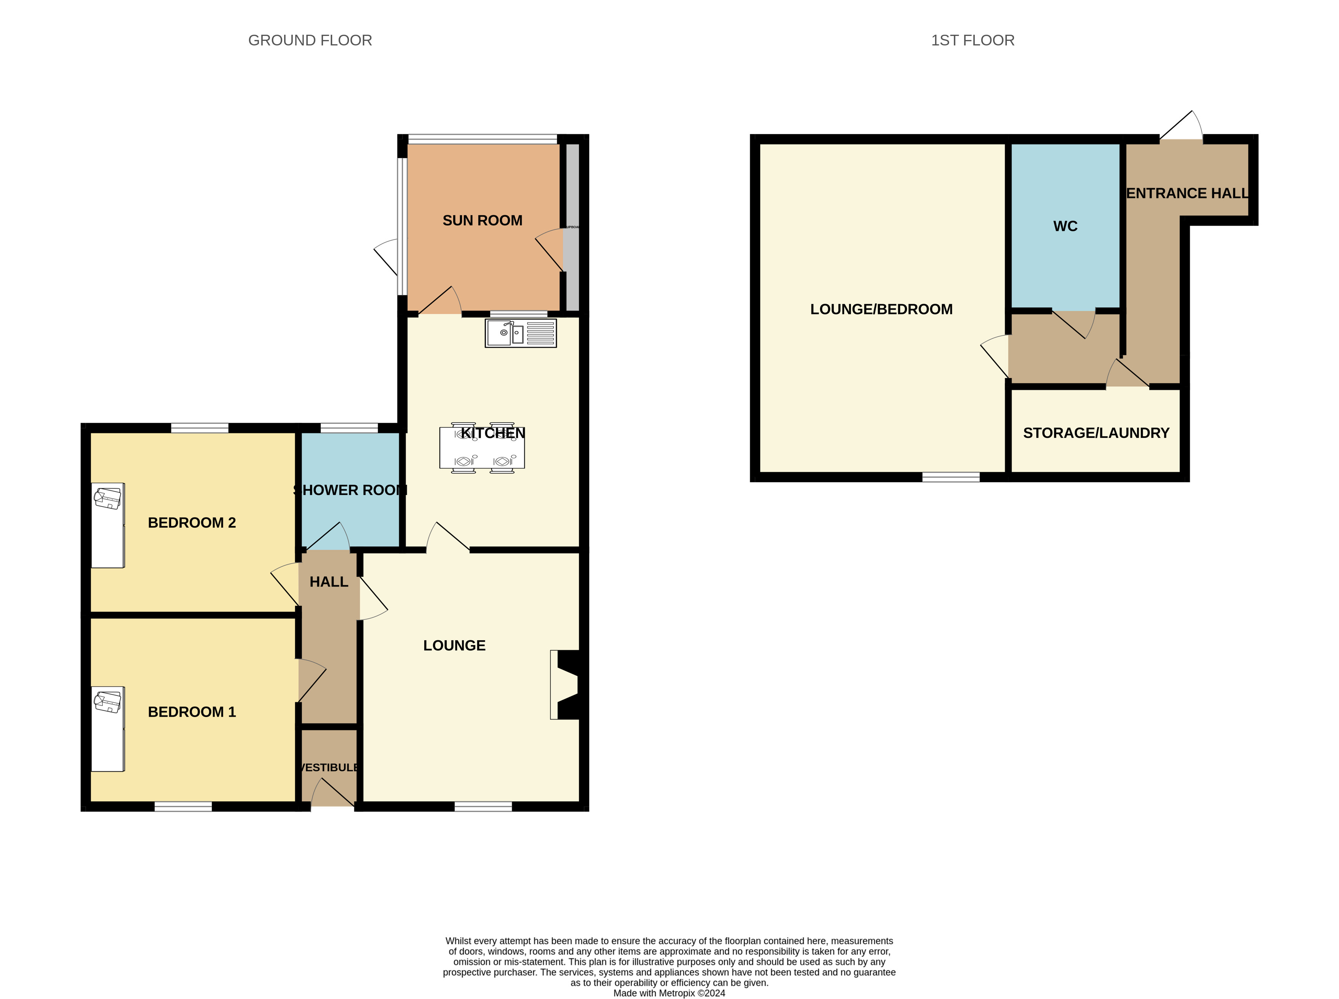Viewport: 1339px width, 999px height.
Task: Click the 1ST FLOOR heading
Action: (972, 40)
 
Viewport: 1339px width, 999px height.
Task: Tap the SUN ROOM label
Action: (482, 221)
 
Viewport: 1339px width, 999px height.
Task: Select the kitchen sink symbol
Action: (520, 332)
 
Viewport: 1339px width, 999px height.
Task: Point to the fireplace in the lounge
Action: (567, 684)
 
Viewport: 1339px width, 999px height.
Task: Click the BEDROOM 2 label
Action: (192, 523)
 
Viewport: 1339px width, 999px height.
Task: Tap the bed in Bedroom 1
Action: (108, 729)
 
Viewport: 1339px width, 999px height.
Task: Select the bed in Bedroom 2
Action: (108, 525)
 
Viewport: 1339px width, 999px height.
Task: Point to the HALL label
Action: (328, 582)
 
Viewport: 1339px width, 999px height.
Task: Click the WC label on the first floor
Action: (1064, 226)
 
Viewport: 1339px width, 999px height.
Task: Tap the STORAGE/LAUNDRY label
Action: (1095, 433)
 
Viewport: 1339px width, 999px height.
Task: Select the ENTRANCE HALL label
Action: (1187, 194)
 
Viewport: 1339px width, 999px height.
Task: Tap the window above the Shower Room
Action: (349, 428)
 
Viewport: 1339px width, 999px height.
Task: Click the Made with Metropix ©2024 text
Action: (669, 993)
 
